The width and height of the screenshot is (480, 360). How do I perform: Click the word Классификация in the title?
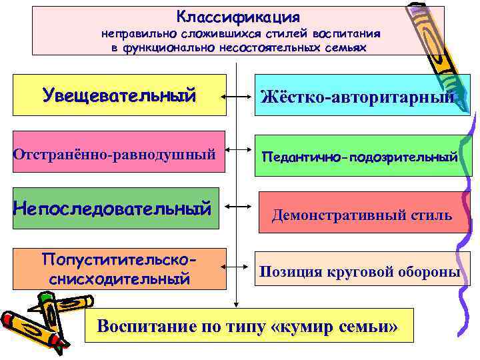coord(238,16)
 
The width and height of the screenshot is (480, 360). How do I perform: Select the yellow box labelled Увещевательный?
coord(120,95)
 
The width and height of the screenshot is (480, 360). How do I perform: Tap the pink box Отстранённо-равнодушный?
coord(115,154)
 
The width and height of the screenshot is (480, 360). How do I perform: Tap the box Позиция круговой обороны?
coord(360,271)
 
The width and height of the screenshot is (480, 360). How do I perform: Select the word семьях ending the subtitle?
coord(344,47)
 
